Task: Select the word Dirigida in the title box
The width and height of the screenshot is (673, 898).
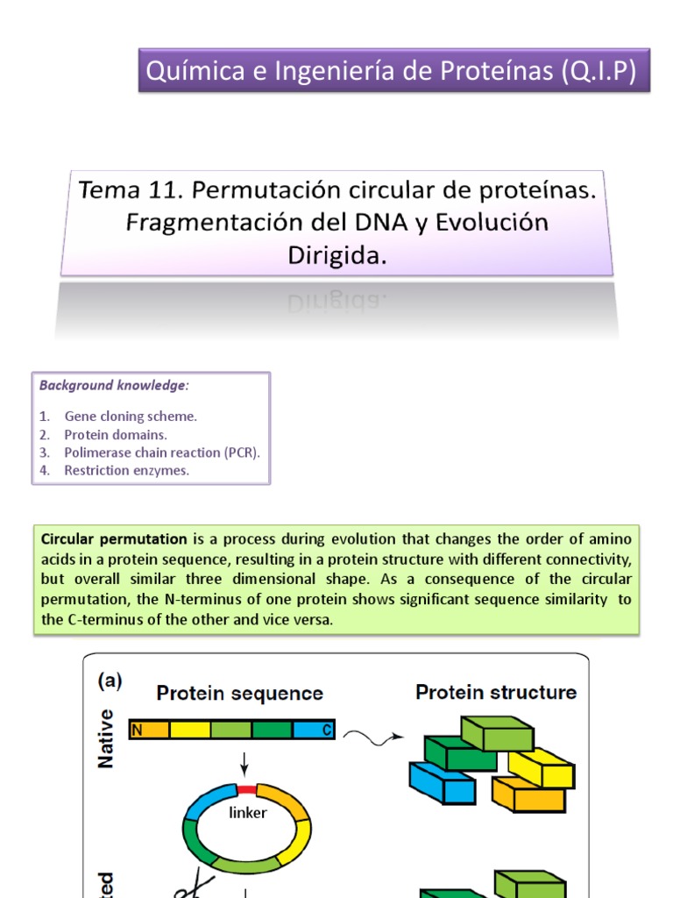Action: [x=336, y=255]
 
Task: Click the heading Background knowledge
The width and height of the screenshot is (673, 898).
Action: [x=114, y=386]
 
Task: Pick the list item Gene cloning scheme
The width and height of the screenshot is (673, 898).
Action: [x=131, y=417]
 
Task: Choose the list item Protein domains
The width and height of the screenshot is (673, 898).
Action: [x=116, y=434]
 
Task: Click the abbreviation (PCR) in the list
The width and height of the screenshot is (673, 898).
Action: [x=241, y=453]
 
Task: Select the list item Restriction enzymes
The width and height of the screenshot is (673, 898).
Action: [x=126, y=470]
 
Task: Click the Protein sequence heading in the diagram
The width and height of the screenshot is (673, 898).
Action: [x=239, y=694]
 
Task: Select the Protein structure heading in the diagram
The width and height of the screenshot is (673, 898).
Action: [x=496, y=692]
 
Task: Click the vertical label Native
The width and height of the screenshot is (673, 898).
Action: [x=106, y=738]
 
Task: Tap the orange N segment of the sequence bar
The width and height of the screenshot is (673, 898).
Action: [x=149, y=730]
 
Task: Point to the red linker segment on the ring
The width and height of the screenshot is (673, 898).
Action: [x=247, y=788]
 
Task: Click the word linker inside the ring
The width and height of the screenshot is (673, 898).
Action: [x=247, y=813]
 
